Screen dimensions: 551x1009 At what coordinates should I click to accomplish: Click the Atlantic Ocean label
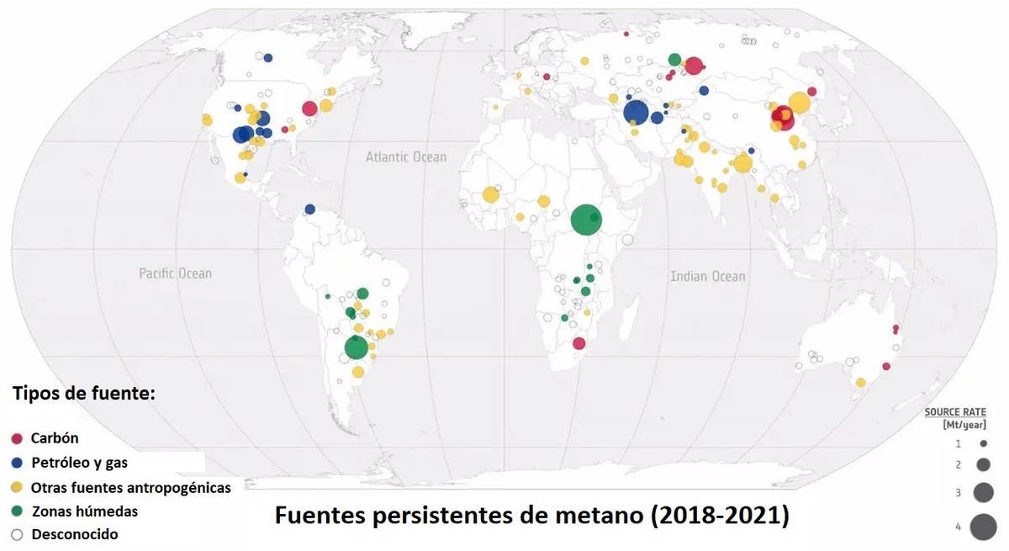coord(406,156)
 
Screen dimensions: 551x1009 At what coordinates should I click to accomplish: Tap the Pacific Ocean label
coord(175,273)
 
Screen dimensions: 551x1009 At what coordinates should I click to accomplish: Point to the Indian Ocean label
coord(707,276)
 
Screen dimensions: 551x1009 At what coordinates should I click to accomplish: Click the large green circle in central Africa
coord(585,220)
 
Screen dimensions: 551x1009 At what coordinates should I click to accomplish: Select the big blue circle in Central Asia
coord(636,113)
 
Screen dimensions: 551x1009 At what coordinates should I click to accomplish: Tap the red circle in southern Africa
coord(578,343)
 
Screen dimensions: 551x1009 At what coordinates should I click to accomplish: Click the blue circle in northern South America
coord(309,209)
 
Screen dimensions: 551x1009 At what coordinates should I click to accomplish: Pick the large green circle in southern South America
coord(357,347)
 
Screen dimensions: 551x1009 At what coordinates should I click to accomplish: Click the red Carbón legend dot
coord(17,438)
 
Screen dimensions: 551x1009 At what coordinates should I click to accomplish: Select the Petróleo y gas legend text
coord(79,463)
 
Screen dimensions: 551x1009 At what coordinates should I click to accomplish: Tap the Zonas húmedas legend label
coord(84,511)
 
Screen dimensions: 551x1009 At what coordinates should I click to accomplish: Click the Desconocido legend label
coord(75,534)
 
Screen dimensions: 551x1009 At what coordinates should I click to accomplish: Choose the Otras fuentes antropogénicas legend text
coord(130,487)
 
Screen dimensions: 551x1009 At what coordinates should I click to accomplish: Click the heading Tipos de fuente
coord(83,393)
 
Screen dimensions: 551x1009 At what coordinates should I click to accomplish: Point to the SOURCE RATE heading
coord(955,412)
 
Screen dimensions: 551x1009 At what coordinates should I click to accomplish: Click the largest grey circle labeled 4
coord(982,527)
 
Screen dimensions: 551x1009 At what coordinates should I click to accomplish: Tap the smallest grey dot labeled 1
coord(982,443)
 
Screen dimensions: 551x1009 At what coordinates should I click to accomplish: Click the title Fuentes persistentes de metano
coord(531,515)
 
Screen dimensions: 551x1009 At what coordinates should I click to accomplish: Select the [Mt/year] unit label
coord(964,424)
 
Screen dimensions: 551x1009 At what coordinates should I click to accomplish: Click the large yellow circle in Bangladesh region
coord(742,163)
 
